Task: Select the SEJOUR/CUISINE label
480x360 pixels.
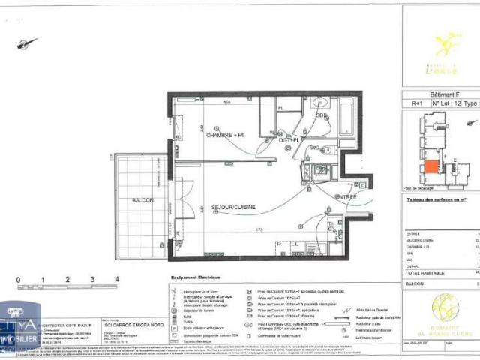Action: (x=235, y=206)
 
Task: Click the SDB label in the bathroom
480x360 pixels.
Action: (x=321, y=116)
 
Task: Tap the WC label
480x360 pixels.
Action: (x=316, y=148)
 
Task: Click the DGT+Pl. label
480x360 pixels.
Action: (x=289, y=140)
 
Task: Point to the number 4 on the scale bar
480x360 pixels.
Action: (x=116, y=279)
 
